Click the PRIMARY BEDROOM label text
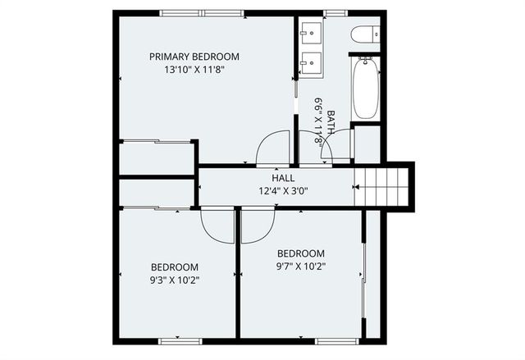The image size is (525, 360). click(x=194, y=57)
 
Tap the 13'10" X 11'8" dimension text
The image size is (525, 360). click(x=194, y=70)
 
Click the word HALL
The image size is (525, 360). click(x=283, y=178)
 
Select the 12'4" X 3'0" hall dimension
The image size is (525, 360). click(x=283, y=192)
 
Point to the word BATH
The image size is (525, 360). click(x=331, y=122)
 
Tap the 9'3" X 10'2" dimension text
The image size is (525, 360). click(x=174, y=280)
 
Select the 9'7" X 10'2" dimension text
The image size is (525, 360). click(x=300, y=267)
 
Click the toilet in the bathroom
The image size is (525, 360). click(x=365, y=34)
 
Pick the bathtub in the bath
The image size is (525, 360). click(x=365, y=89)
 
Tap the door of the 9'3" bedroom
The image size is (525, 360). click(x=217, y=224)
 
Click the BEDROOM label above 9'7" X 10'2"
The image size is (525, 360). click(x=300, y=253)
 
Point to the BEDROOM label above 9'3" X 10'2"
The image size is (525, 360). click(x=174, y=267)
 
